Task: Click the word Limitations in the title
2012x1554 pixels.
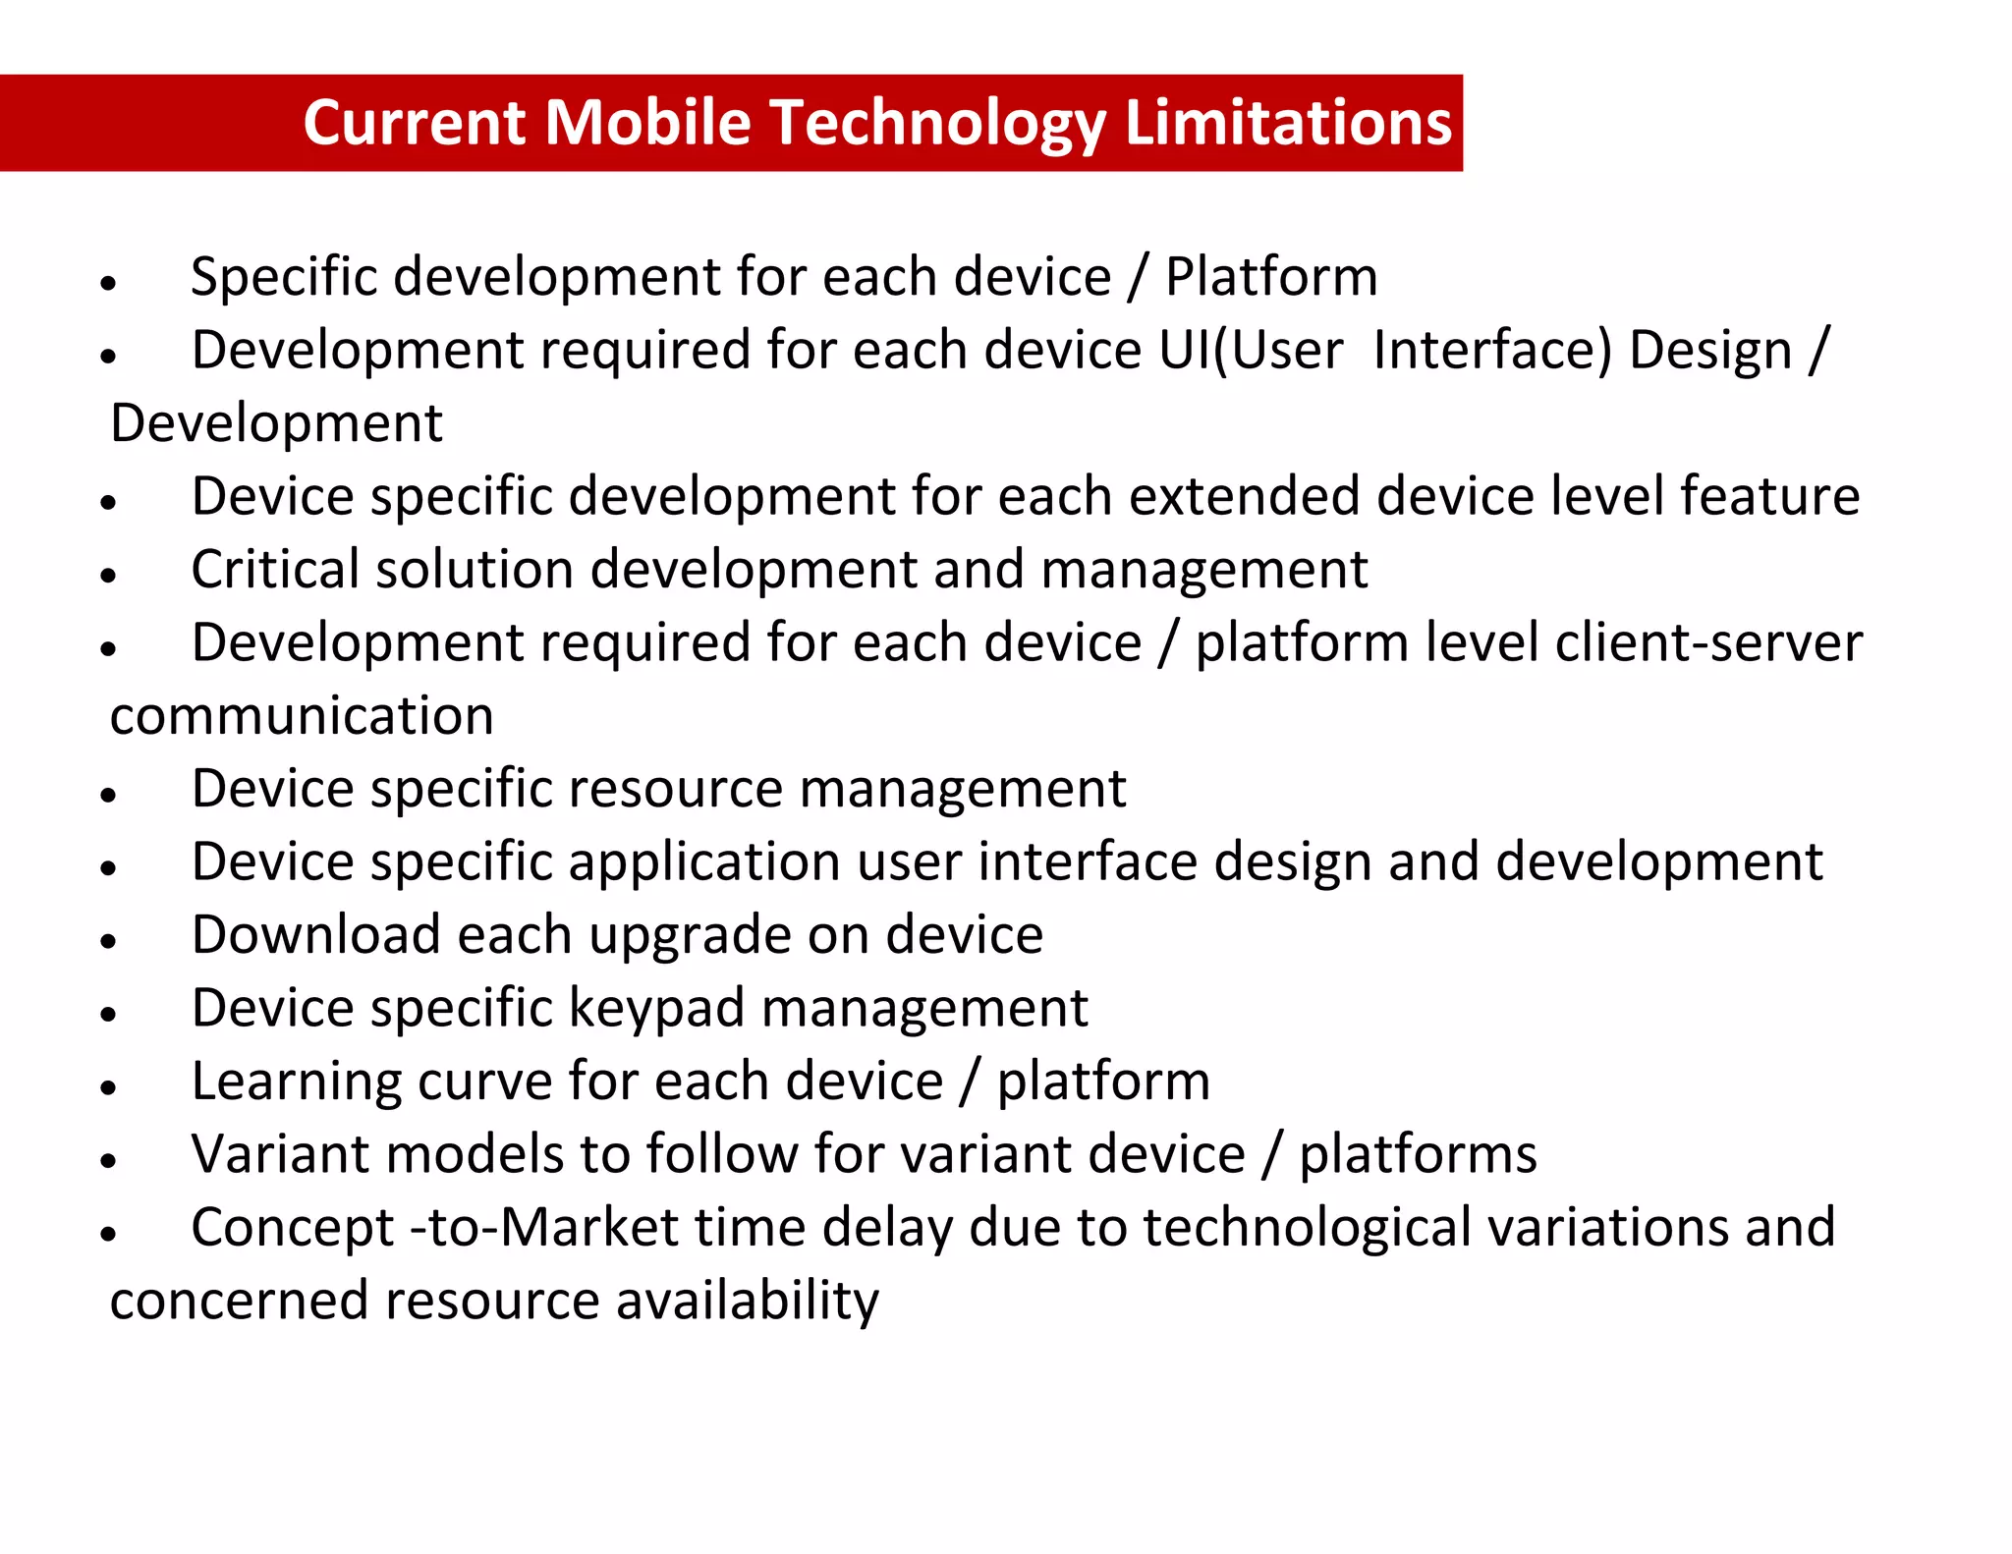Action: (x=1287, y=123)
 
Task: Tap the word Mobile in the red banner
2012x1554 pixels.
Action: (x=647, y=123)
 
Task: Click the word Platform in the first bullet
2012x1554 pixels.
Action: (x=1271, y=277)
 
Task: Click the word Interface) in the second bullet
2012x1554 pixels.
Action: (x=1492, y=351)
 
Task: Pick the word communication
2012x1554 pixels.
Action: (x=302, y=716)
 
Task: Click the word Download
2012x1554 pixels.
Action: (x=315, y=935)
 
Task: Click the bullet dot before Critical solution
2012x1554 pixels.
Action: (x=108, y=575)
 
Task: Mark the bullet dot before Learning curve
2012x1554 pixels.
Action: (x=108, y=1086)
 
